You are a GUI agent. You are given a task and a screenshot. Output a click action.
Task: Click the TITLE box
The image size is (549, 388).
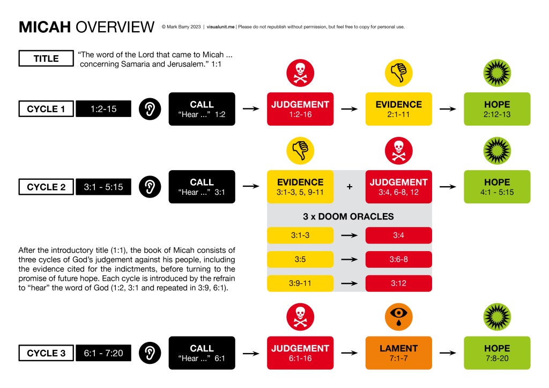click(x=46, y=58)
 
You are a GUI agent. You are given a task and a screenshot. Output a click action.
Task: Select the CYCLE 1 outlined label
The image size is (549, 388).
click(x=46, y=109)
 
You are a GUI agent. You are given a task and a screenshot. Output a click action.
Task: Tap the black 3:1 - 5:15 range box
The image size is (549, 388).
click(x=103, y=187)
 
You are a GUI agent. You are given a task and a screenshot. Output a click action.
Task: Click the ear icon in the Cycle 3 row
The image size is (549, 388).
click(x=150, y=353)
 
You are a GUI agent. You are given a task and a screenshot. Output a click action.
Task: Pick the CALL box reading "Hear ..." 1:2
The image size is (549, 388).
click(x=202, y=109)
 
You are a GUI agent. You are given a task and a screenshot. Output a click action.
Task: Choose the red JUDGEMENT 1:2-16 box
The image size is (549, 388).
click(x=300, y=109)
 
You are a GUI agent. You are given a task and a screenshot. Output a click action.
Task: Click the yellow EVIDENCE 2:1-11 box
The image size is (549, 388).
click(x=398, y=109)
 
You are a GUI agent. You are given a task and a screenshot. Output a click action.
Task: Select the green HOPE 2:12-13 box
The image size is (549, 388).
click(x=497, y=109)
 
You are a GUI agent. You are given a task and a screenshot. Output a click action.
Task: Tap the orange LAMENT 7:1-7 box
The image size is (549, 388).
click(x=398, y=353)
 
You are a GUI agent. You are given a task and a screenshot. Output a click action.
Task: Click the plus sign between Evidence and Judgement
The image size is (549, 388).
click(x=350, y=187)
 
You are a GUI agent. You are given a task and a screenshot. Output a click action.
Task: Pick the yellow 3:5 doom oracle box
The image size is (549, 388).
click(x=300, y=259)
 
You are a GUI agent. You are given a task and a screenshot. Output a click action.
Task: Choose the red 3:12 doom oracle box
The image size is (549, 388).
click(x=398, y=283)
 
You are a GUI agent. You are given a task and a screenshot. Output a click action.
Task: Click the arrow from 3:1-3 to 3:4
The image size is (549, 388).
click(x=350, y=236)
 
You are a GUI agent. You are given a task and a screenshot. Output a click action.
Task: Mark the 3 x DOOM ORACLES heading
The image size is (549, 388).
click(x=349, y=217)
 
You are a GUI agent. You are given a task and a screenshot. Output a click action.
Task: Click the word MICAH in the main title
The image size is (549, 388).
click(x=45, y=26)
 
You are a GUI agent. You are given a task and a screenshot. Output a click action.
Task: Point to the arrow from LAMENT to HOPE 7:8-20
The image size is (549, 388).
click(x=448, y=353)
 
